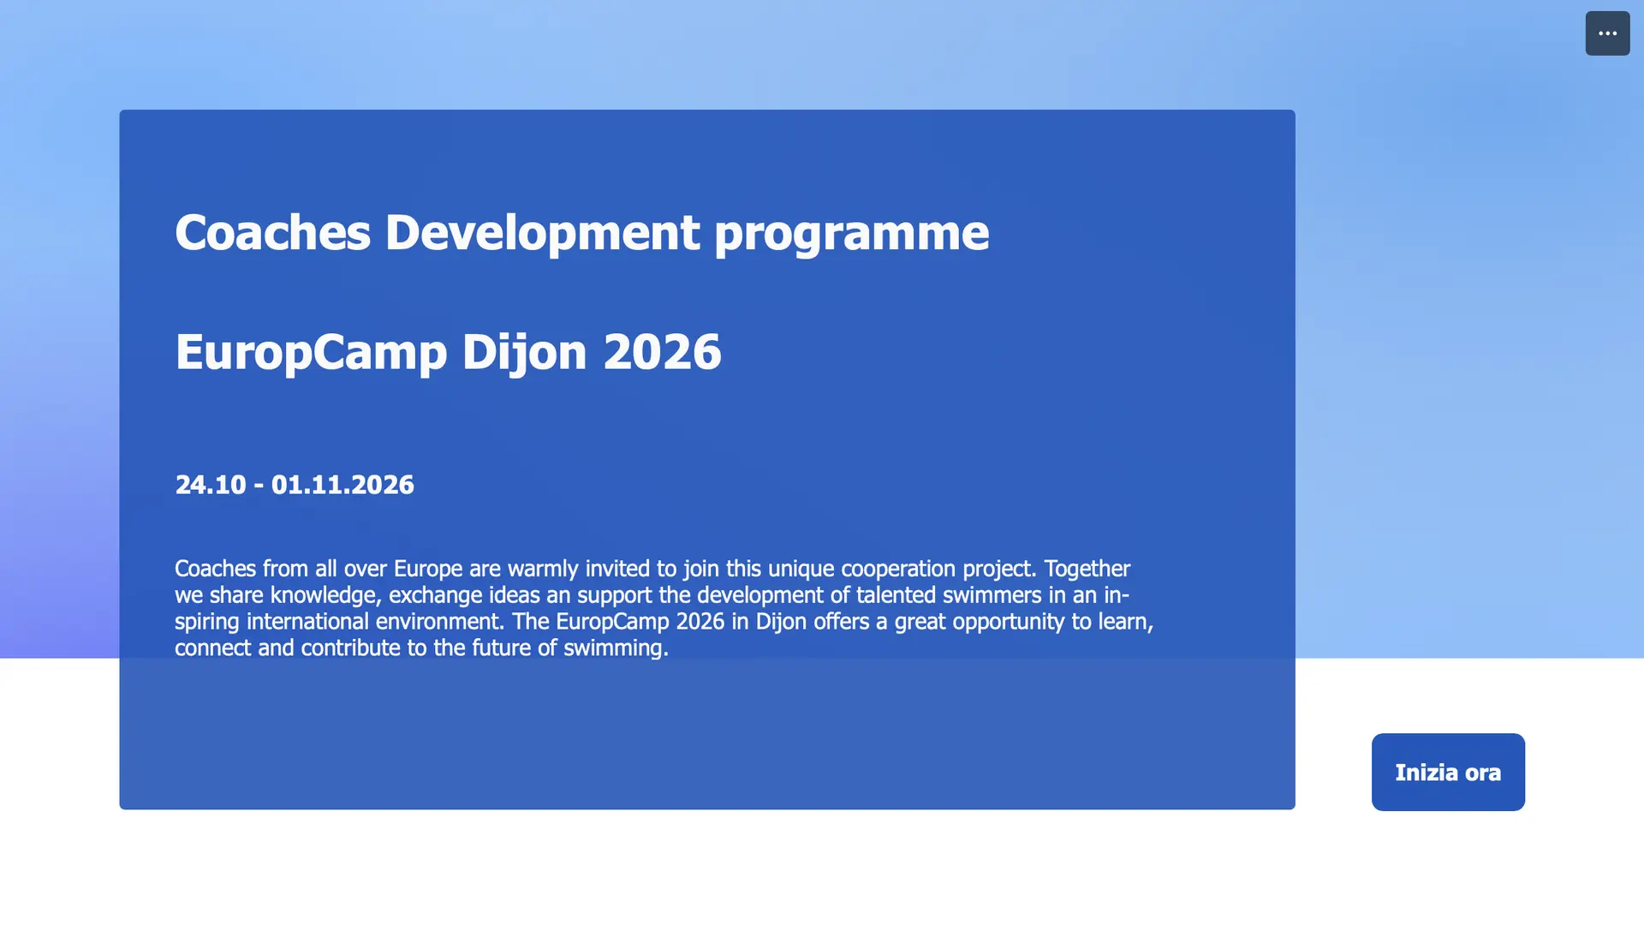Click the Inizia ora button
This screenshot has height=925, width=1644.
[x=1448, y=772]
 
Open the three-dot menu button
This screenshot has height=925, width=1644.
[x=1607, y=33]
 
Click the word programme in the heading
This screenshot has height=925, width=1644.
[x=851, y=234]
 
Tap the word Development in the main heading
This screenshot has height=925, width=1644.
[x=542, y=233]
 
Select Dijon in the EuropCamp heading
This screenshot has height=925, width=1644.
[x=524, y=353]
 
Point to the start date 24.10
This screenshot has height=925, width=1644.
[x=211, y=485]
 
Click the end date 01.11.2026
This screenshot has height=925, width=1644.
[x=342, y=485]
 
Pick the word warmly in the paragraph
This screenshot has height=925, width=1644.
[x=543, y=570]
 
